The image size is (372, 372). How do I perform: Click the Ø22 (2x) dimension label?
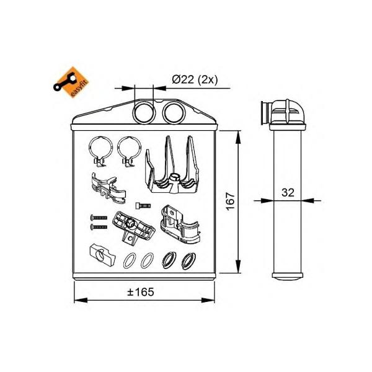tap(195, 80)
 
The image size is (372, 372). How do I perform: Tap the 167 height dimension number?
tap(231, 201)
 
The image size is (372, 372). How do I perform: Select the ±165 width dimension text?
tap(141, 292)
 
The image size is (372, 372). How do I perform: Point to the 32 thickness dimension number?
tap(288, 192)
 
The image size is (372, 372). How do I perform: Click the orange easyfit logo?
tap(71, 82)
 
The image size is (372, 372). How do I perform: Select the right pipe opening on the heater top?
tap(174, 112)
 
